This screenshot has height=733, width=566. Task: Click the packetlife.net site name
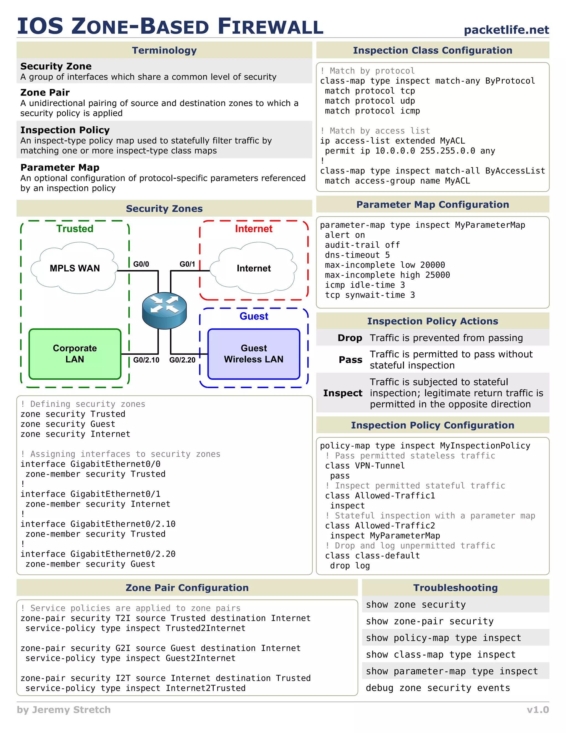(x=506, y=30)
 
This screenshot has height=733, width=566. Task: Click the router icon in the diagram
(x=164, y=310)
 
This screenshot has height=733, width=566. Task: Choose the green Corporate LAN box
(x=75, y=354)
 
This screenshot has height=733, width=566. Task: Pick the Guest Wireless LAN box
(x=253, y=354)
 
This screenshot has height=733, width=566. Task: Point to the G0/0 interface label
(x=141, y=264)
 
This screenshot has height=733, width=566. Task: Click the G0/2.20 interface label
(x=182, y=360)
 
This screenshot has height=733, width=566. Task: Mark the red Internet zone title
(x=253, y=229)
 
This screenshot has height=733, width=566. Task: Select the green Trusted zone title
(x=75, y=229)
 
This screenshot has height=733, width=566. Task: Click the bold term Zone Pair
(x=45, y=92)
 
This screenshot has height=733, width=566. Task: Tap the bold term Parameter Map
(x=60, y=167)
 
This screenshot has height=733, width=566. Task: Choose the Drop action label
(x=350, y=338)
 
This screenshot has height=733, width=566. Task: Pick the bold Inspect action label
(x=343, y=393)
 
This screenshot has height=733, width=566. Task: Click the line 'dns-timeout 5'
(x=357, y=255)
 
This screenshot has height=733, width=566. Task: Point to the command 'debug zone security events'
(x=437, y=688)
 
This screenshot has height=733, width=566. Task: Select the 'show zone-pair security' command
(x=429, y=621)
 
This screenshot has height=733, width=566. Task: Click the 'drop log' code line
(x=350, y=566)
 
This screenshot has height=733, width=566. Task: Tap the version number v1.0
(x=538, y=710)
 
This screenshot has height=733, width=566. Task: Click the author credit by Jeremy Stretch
(x=64, y=710)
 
